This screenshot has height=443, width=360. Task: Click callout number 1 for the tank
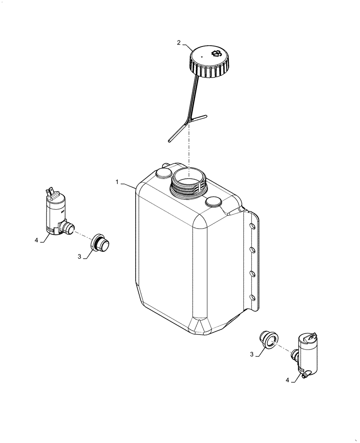[117, 182]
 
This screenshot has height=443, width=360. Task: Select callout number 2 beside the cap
[179, 43]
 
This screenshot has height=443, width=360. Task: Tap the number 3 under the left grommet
[80, 257]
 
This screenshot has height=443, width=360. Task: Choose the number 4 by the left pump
[36, 241]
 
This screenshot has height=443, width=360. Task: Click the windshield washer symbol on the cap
[217, 54]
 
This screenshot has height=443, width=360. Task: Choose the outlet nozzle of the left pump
[68, 228]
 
